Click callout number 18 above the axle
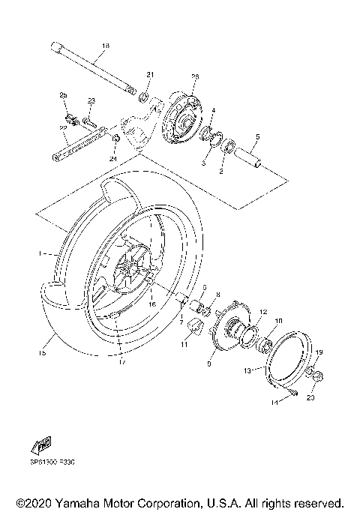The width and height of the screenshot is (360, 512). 105,46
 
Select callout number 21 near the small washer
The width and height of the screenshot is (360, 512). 149,75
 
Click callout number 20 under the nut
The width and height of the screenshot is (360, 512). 310,398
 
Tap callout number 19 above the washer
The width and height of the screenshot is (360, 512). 317,352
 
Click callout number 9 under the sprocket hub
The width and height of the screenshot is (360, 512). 209,363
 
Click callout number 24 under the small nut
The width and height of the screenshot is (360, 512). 114,158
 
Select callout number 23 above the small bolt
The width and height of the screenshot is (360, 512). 92,100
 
